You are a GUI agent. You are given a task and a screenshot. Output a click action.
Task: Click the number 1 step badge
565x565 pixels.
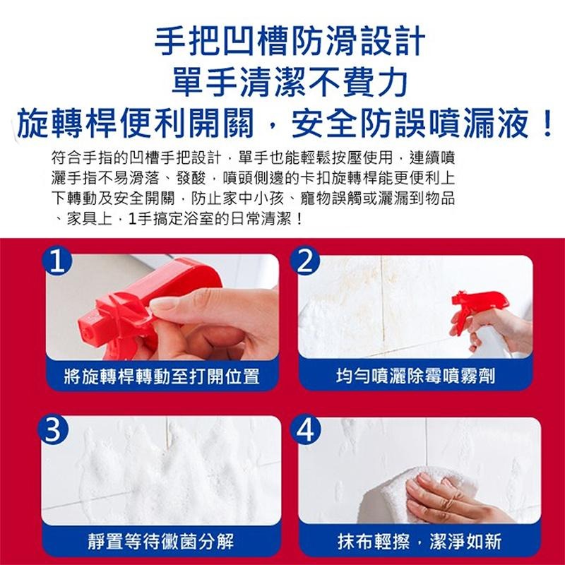[x=57, y=261]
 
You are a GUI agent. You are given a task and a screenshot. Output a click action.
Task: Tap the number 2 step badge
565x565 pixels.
[x=305, y=261]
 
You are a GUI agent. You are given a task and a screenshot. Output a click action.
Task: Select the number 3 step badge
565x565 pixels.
[x=52, y=429]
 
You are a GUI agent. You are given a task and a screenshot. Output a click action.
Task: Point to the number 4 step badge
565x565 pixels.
[x=305, y=429]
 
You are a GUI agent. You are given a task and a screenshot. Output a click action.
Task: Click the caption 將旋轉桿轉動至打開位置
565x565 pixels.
[x=162, y=376]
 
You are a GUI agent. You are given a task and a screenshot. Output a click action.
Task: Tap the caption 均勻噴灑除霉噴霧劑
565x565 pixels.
[x=415, y=376]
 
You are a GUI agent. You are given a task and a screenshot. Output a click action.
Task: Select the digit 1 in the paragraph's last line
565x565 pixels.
[x=133, y=219]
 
